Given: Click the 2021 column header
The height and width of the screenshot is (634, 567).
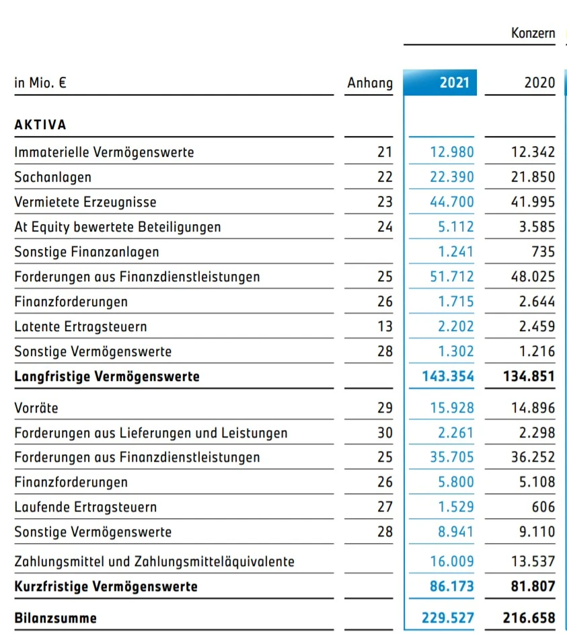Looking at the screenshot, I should [454, 83].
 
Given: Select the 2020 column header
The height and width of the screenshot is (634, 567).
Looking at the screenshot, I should [539, 83].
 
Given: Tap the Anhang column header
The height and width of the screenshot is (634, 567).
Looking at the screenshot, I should [369, 83].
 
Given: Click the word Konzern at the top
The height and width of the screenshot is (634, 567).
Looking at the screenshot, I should [533, 33].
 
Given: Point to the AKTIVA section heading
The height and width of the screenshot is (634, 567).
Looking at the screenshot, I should [40, 125].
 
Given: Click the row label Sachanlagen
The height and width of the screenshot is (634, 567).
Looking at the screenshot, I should [52, 177].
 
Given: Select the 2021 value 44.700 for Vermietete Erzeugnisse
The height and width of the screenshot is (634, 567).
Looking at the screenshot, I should [452, 202].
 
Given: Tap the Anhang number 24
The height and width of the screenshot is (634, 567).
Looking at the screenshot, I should [384, 227].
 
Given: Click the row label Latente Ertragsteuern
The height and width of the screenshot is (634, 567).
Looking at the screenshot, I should [81, 326].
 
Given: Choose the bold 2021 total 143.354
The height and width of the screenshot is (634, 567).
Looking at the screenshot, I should [448, 376].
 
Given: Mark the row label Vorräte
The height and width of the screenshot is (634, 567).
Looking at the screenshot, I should [36, 408].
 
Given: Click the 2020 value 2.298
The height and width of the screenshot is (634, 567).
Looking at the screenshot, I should [537, 433].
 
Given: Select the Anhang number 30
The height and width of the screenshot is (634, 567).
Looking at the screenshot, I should [384, 433].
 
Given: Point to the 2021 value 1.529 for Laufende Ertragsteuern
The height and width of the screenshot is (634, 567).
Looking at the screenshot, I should [456, 507].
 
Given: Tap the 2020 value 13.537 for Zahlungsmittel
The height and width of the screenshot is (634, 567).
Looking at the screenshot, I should [533, 561].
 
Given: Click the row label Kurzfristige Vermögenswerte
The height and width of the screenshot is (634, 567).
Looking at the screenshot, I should [106, 586].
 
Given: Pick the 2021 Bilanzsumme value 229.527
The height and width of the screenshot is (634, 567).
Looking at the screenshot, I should [448, 618].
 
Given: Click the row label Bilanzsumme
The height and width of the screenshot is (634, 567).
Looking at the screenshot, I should [55, 618].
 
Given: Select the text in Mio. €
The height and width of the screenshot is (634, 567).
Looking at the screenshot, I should [40, 83].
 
